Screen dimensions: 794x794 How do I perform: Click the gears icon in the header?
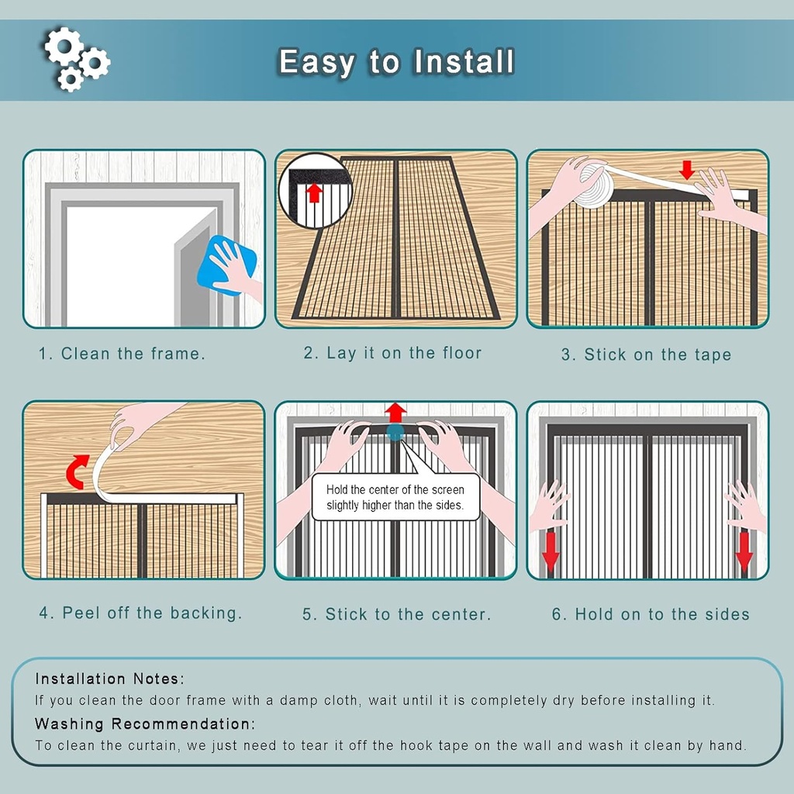[x=75, y=58]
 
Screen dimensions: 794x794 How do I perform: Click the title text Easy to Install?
[x=396, y=62]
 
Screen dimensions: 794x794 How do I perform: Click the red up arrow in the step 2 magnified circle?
[x=314, y=190]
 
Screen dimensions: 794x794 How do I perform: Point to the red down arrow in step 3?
[x=687, y=170]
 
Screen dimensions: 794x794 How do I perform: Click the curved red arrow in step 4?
[x=76, y=472]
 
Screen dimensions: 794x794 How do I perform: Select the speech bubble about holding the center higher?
[x=395, y=497]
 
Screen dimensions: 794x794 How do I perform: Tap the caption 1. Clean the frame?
[x=123, y=354]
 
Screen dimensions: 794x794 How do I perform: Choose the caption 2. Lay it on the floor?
[x=392, y=354]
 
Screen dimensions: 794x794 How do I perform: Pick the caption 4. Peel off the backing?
[x=140, y=613]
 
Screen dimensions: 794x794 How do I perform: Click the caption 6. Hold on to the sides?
[x=651, y=615]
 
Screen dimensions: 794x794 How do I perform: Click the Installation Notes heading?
[x=109, y=679]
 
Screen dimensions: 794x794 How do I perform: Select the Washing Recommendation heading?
[x=145, y=724]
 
